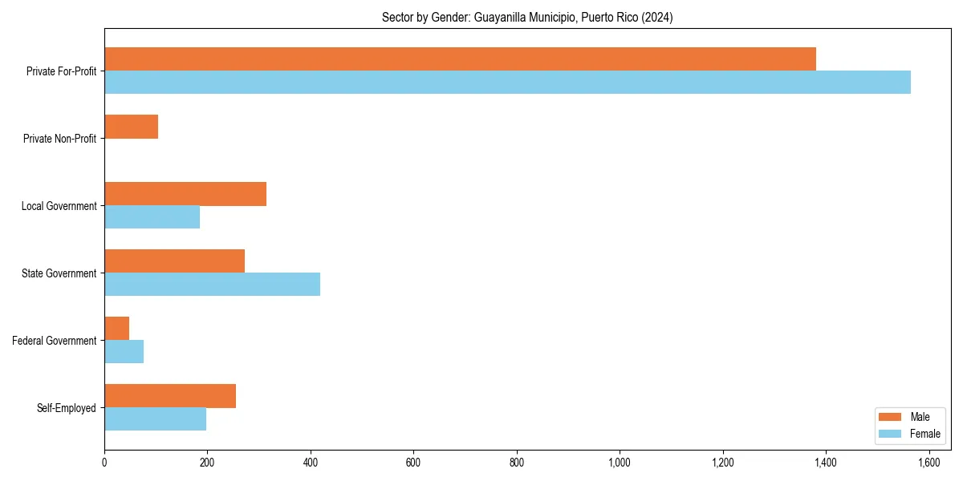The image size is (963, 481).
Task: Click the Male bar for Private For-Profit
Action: (x=460, y=59)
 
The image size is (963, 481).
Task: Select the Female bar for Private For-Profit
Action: (x=507, y=83)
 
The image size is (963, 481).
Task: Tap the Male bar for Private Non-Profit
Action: (x=131, y=127)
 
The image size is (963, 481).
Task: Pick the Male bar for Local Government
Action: (x=185, y=194)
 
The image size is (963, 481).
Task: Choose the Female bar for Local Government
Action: (x=152, y=217)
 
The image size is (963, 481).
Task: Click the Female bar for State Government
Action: (x=212, y=285)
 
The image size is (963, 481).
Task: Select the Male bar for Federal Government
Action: (x=116, y=329)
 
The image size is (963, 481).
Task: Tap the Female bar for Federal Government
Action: (x=124, y=352)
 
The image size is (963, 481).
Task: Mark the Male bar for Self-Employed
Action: (x=170, y=396)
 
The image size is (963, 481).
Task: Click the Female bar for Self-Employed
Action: (x=155, y=419)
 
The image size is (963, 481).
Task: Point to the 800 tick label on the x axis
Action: (x=517, y=463)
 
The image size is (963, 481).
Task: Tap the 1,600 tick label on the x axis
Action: (x=928, y=463)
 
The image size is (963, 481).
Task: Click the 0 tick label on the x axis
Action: (x=104, y=463)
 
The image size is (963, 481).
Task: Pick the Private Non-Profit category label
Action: (x=59, y=139)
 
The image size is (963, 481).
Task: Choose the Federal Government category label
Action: (x=55, y=341)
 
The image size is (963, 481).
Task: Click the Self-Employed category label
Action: (x=67, y=408)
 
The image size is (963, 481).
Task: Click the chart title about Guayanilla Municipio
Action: (x=527, y=17)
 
